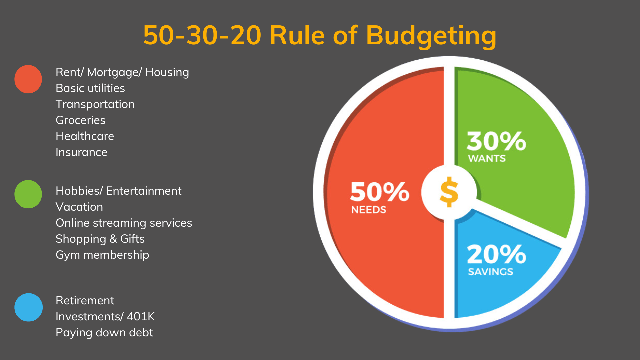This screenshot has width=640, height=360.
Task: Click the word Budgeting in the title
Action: click(431, 36)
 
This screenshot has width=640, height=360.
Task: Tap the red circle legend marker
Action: click(28, 79)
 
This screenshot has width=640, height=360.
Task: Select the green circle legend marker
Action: click(28, 194)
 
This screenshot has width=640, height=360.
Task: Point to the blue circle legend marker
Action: click(28, 307)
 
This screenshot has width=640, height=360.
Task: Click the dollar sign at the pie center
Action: click(449, 192)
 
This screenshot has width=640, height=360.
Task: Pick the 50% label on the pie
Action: click(380, 192)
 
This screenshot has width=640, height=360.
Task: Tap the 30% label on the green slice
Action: click(496, 141)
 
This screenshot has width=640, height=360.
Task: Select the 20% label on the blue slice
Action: click(496, 255)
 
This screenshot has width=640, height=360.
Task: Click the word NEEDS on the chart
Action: click(369, 210)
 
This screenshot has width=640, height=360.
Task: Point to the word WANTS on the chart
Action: click(487, 159)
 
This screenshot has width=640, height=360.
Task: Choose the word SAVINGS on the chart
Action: click(490, 272)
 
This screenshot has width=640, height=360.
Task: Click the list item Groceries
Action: click(80, 120)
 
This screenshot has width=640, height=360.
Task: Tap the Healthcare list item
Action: click(85, 136)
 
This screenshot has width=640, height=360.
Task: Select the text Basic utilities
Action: click(90, 88)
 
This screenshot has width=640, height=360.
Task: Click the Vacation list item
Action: click(79, 207)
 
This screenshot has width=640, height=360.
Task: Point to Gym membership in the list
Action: click(102, 255)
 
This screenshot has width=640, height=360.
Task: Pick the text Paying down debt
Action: click(104, 333)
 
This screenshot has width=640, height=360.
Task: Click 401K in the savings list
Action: click(141, 316)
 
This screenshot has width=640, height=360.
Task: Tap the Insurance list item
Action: click(81, 152)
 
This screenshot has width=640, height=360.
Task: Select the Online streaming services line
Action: click(124, 223)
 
